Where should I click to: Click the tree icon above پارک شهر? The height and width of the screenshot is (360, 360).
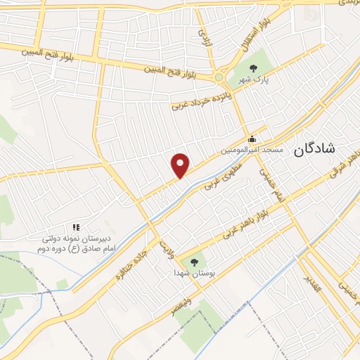click(x=253, y=68)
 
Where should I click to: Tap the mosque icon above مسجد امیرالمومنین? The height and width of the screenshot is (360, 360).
click(x=252, y=139)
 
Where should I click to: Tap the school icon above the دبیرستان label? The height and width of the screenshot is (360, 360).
click(x=76, y=227)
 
